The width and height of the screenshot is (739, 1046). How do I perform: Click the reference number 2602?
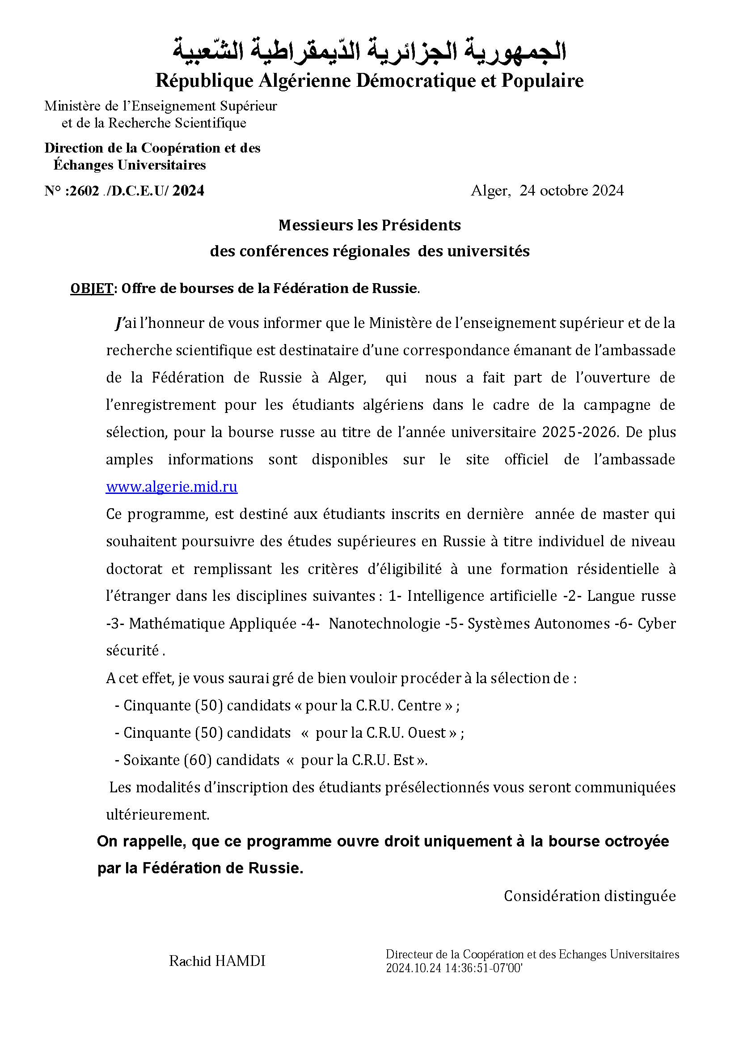(84, 191)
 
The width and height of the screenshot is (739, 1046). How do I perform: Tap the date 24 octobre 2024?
(571, 191)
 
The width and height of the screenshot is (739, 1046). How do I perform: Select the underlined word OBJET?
(92, 289)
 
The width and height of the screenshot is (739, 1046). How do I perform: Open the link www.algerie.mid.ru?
(172, 487)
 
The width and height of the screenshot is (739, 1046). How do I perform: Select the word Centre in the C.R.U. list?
(419, 705)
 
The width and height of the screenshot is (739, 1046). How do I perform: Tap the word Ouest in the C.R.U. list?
(427, 732)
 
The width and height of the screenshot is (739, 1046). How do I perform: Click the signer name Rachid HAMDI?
(217, 961)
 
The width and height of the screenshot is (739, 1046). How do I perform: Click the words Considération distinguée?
(589, 896)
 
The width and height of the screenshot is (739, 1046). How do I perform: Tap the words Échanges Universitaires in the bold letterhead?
(129, 165)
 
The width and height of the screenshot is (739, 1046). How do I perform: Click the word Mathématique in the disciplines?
(177, 623)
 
